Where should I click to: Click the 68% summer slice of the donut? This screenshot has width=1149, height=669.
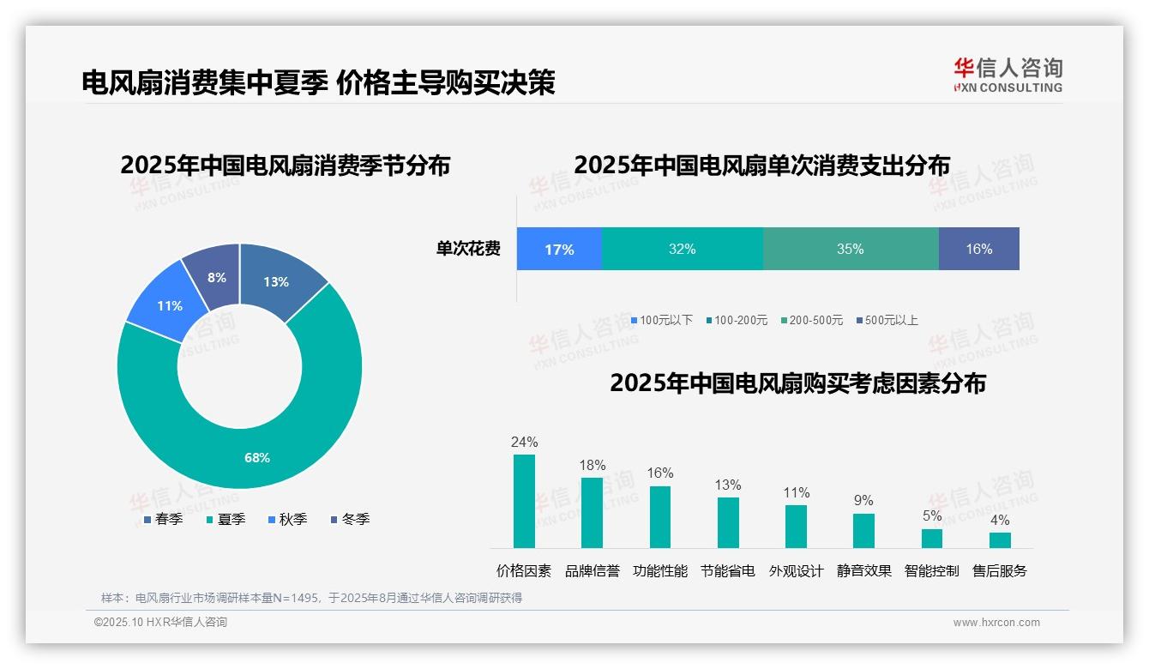tap(257, 457)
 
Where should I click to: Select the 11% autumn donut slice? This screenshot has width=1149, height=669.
tap(169, 305)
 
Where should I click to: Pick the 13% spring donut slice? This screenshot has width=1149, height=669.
tap(276, 281)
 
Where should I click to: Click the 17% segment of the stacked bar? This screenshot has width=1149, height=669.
tap(559, 250)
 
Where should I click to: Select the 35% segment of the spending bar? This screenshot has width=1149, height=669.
tap(850, 250)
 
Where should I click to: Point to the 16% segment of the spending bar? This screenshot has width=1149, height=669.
tap(978, 250)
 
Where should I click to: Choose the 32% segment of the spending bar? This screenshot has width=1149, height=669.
tap(682, 250)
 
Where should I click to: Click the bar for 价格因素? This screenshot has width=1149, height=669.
tap(524, 501)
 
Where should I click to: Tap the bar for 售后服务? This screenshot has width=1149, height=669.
tap(1000, 540)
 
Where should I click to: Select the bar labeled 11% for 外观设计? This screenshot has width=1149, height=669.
tap(796, 526)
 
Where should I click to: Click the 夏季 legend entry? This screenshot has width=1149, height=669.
tap(226, 520)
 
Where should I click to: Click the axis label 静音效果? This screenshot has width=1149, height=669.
tap(863, 571)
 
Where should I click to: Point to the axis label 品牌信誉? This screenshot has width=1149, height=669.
tap(592, 571)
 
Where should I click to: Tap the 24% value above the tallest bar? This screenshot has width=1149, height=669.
tap(524, 443)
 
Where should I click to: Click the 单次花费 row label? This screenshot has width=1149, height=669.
tap(468, 250)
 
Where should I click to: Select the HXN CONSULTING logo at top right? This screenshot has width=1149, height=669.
tap(1008, 75)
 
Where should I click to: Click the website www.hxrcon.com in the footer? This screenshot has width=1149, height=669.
tap(996, 623)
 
